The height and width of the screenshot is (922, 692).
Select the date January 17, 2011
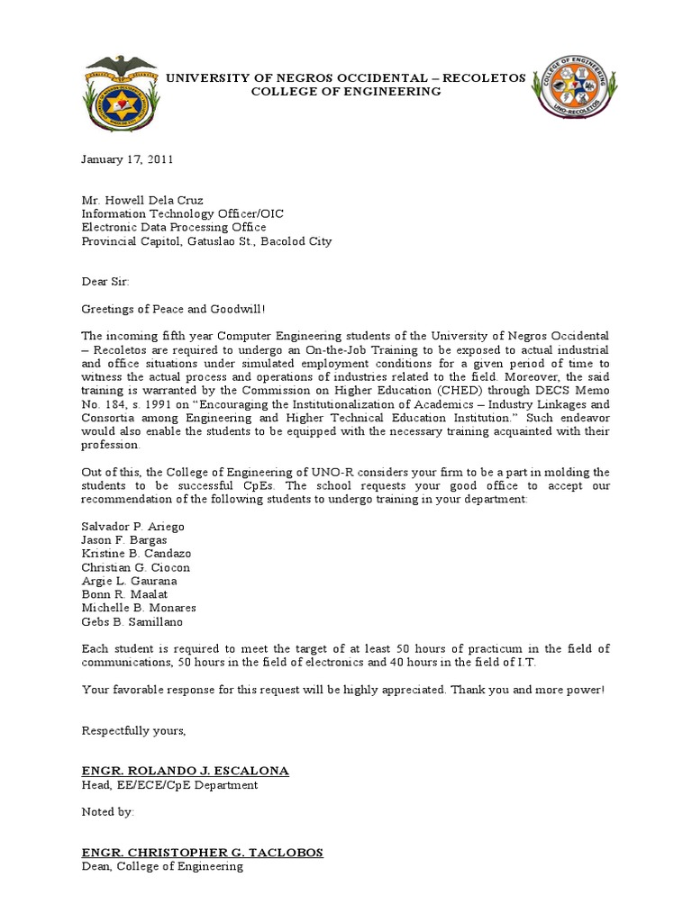pos(127,159)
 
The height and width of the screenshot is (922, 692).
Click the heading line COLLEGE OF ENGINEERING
pos(345,92)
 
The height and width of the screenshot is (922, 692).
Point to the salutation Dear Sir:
pos(105,281)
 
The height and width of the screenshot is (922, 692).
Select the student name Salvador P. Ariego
pos(132,526)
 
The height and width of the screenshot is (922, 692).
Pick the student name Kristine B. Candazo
pos(136,553)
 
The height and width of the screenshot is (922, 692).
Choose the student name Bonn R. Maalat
pos(124,594)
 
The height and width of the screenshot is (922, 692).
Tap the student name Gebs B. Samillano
pos(132,621)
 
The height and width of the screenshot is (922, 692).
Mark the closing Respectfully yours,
pos(133,730)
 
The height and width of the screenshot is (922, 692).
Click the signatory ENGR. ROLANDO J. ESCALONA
pos(186,772)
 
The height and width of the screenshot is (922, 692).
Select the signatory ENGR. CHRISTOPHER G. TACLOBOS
pos(202,853)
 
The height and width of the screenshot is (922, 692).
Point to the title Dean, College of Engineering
pos(162,866)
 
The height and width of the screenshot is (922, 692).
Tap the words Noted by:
pos(107,812)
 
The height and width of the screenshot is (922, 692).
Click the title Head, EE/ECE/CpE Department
pos(169,785)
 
